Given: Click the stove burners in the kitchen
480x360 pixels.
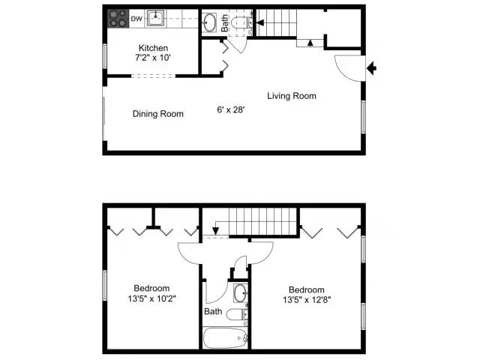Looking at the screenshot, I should pyautogui.click(x=117, y=16).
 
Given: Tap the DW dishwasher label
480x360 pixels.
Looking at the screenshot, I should pyautogui.click(x=136, y=17).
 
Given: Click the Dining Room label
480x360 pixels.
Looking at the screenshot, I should pyautogui.click(x=158, y=114).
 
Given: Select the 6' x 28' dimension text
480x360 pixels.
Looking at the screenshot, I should pyautogui.click(x=230, y=109).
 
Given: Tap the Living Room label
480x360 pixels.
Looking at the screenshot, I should pyautogui.click(x=292, y=96).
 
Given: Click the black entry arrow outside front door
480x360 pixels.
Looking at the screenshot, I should pyautogui.click(x=372, y=70).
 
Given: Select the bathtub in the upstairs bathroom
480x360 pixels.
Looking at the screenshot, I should pyautogui.click(x=226, y=337).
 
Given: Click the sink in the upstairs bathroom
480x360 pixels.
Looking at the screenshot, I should pyautogui.click(x=240, y=292).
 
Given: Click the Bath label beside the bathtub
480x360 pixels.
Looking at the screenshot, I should pyautogui.click(x=213, y=312).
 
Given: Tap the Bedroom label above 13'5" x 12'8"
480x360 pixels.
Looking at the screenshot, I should pyautogui.click(x=307, y=290).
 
